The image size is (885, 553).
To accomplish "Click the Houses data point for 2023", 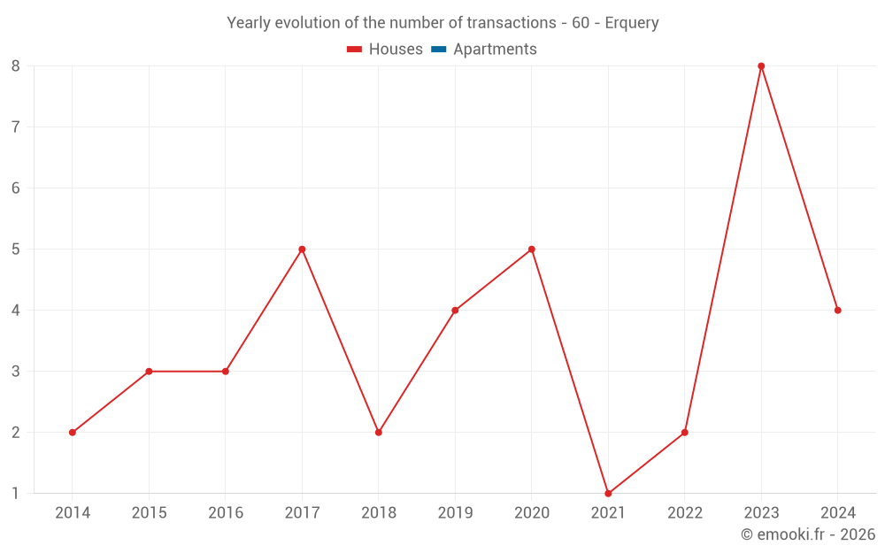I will (761, 66).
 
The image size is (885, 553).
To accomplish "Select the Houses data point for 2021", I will (608, 494).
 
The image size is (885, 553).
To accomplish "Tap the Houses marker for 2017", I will (302, 250).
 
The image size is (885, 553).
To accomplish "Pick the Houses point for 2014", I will (73, 433).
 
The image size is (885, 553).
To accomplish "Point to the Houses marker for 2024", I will (837, 311).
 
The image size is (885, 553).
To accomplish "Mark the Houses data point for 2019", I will (455, 311).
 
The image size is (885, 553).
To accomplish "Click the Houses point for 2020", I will (531, 250).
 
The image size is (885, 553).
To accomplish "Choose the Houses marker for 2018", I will (379, 433).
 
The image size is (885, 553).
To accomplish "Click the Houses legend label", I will (396, 50).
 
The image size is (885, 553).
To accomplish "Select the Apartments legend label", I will (495, 50).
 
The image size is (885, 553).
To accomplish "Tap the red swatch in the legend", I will (355, 50).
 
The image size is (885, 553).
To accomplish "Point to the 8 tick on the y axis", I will (16, 66).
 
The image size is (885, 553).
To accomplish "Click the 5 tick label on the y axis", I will (16, 250).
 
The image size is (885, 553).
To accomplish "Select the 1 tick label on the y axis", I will (16, 494).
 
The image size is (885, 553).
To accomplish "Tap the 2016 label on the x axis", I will (226, 513).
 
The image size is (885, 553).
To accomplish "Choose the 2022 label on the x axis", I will (685, 513).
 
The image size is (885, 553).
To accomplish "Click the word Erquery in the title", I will (632, 23).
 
